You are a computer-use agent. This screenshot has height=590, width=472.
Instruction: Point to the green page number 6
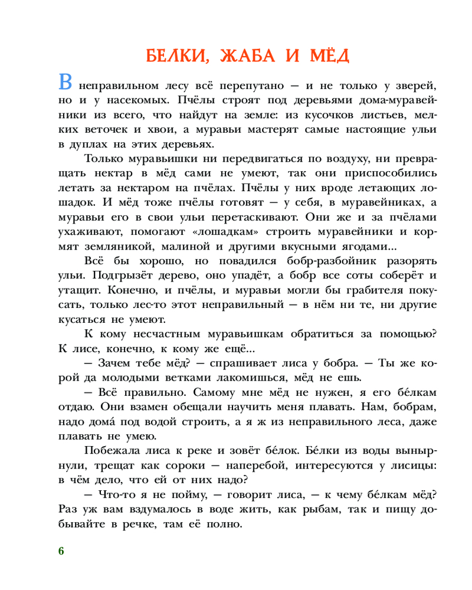coord(61,551)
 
